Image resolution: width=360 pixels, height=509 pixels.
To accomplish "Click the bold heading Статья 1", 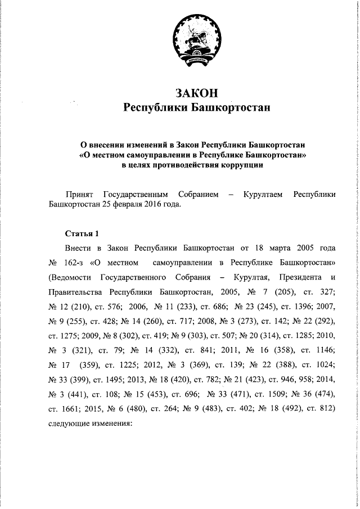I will (x=82, y=233).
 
